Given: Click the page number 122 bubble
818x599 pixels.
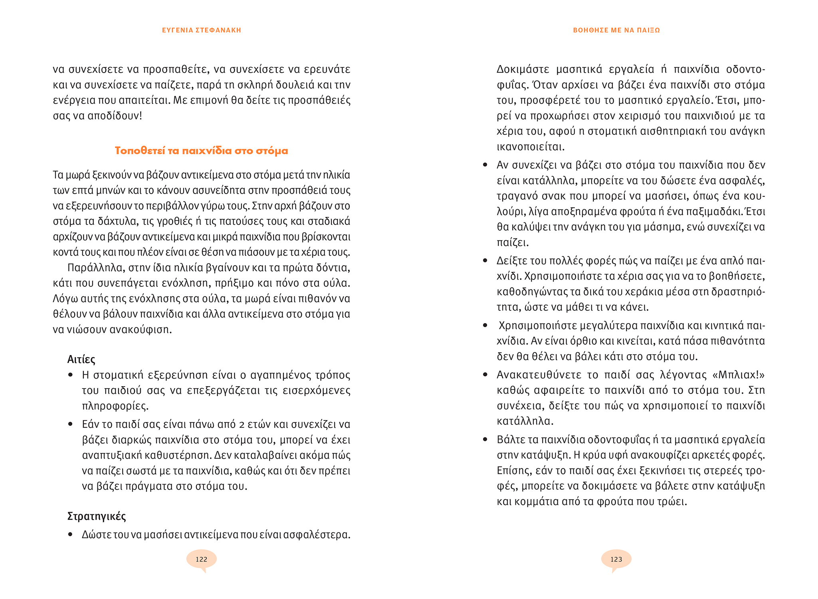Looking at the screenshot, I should [x=201, y=559].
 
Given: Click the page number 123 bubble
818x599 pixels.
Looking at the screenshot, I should [x=616, y=559].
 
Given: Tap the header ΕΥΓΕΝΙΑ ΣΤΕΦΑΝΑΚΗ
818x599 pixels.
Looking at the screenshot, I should [x=202, y=30].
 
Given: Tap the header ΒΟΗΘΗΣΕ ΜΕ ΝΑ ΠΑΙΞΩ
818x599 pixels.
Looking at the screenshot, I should [x=616, y=30].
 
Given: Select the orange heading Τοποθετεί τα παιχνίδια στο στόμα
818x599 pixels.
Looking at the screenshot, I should [x=201, y=151].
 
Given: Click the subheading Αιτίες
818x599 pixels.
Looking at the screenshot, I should [x=81, y=359].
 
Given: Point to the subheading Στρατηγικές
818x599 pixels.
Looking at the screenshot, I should [x=97, y=516].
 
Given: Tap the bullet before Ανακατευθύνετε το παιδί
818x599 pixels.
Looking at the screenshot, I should [x=485, y=375].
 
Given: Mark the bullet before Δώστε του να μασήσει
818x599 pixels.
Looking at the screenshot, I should [x=70, y=534].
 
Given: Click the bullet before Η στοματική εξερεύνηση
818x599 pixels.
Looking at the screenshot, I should [x=70, y=375].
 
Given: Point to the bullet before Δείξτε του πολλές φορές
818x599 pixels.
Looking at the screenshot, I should [x=485, y=261].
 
